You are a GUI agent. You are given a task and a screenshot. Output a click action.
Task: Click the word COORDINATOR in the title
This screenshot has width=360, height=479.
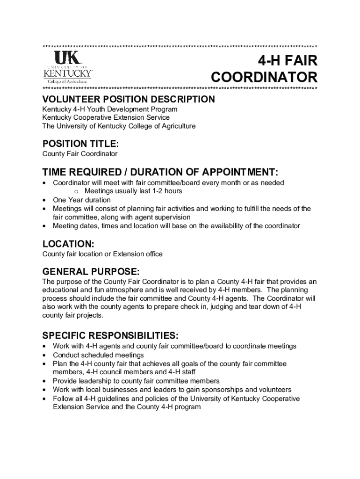pos(264,77)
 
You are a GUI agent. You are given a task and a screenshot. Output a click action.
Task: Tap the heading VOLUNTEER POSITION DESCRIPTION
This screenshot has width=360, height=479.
pos(129,99)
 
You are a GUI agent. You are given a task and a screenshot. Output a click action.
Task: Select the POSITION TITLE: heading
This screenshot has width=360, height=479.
pos(80,143)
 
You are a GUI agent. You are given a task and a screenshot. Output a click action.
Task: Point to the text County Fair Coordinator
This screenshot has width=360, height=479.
pos(80,153)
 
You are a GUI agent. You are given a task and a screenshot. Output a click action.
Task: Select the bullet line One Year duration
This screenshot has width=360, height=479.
pos(75,200)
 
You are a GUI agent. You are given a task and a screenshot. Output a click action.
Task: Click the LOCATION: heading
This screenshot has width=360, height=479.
pos(68,244)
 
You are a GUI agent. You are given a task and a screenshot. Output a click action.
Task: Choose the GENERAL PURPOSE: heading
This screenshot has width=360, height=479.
pos(91,272)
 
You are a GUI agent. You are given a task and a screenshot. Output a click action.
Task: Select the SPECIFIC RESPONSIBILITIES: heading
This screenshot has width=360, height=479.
pos(110,335)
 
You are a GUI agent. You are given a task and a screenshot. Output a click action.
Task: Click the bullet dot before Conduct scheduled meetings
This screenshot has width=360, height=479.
pos(44,355)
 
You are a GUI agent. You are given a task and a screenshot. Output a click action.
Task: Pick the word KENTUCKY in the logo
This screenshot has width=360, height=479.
pos(67,73)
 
